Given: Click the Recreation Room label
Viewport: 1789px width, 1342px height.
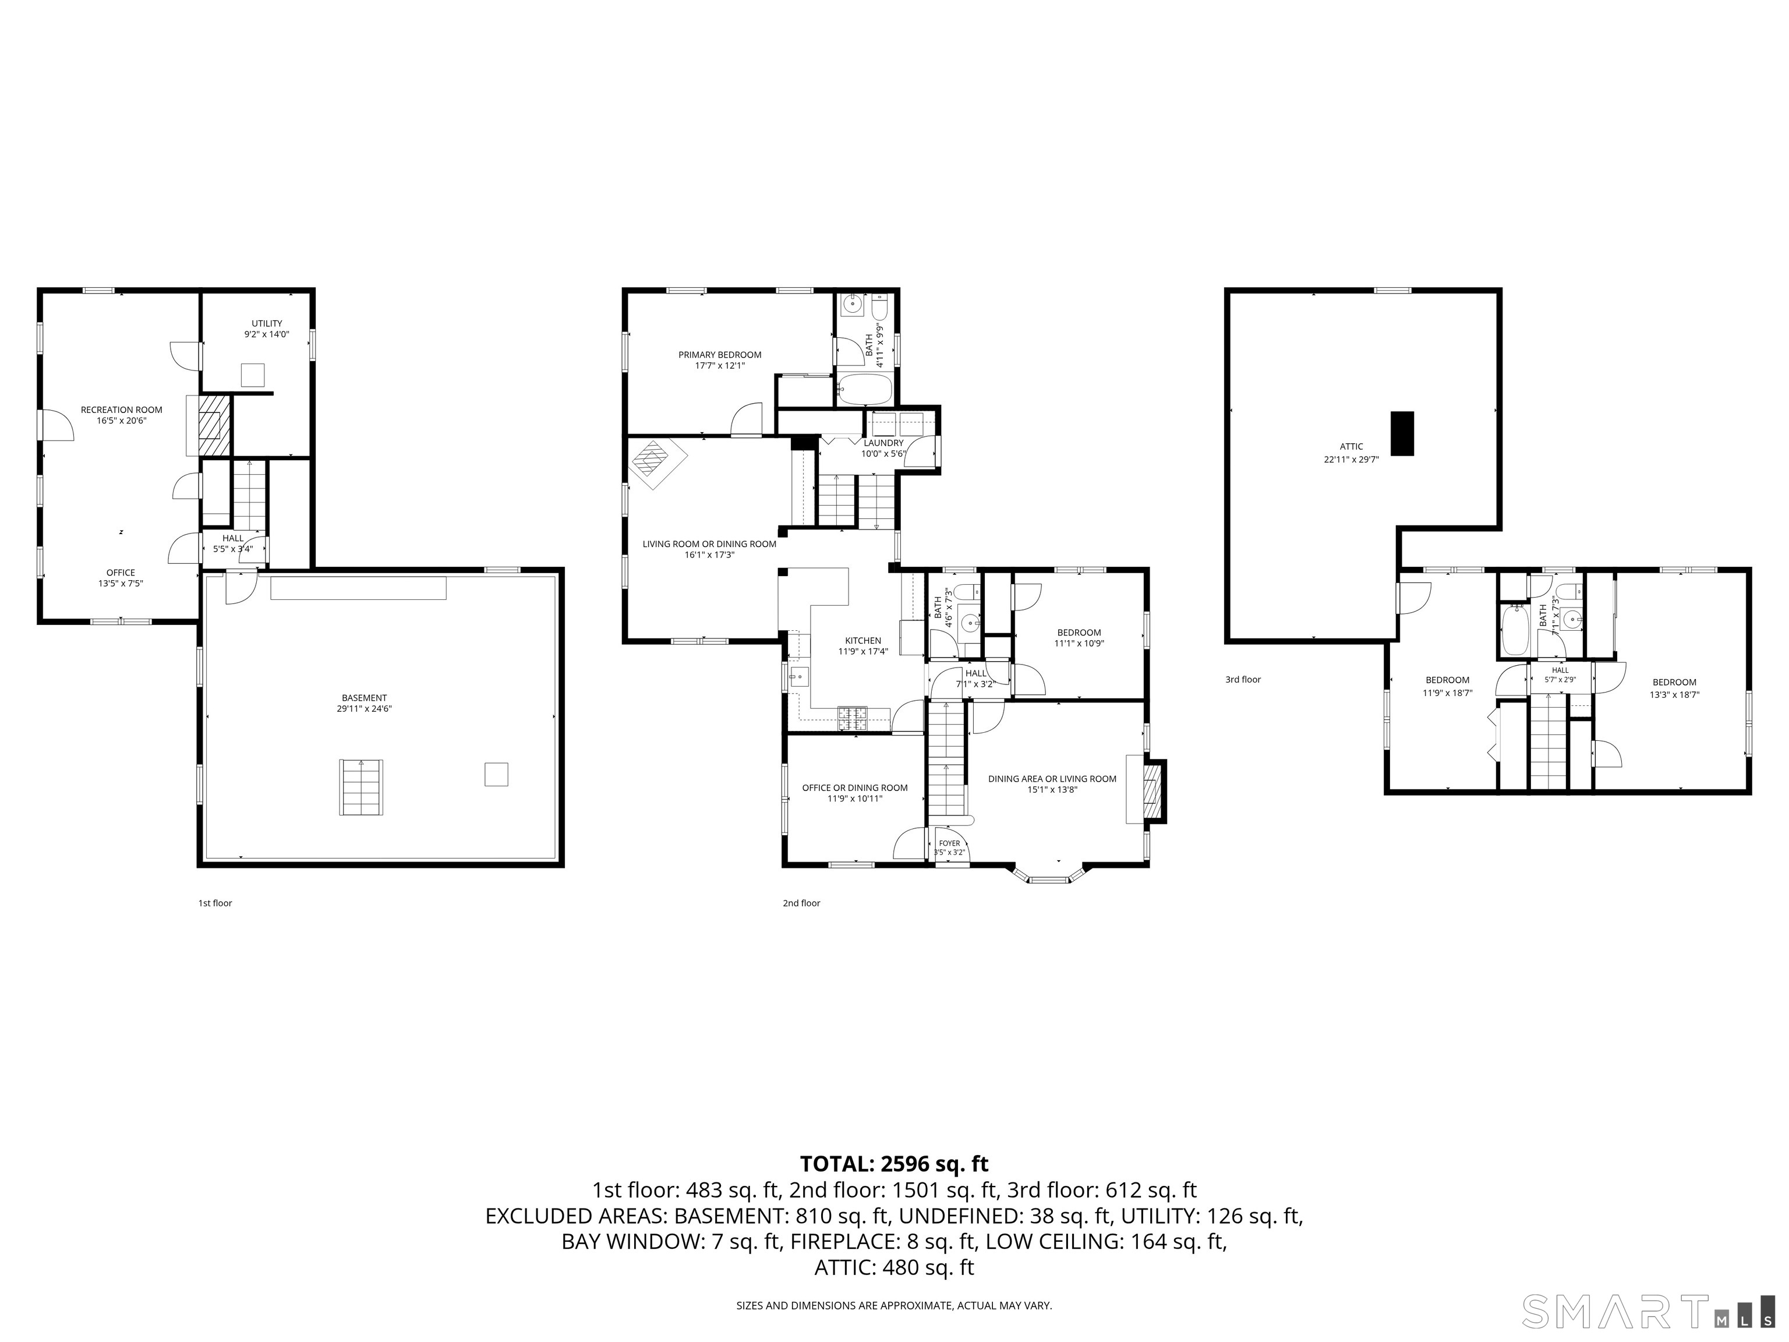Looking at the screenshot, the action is pyautogui.click(x=121, y=415).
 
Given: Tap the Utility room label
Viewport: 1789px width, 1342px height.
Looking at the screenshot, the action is pyautogui.click(x=267, y=329).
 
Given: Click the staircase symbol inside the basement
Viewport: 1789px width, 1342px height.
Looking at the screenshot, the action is pyautogui.click(x=362, y=787).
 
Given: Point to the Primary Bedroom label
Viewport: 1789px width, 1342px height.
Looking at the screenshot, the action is pyautogui.click(x=720, y=360).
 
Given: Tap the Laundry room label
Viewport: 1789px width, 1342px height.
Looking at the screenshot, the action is pyautogui.click(x=883, y=448).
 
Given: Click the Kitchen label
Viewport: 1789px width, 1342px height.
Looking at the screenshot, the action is pyautogui.click(x=863, y=645).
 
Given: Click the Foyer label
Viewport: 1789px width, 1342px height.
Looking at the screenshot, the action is pyautogui.click(x=949, y=847).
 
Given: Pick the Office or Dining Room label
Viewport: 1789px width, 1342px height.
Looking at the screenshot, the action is pyautogui.click(x=855, y=793).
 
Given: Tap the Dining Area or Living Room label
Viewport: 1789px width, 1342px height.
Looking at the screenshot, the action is pyautogui.click(x=1052, y=784).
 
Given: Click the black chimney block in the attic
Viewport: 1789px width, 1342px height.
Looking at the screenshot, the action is pyautogui.click(x=1402, y=433).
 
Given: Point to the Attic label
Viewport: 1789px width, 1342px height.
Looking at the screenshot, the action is pyautogui.click(x=1352, y=452).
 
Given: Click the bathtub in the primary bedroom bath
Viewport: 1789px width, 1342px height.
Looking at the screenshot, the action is pyautogui.click(x=864, y=389).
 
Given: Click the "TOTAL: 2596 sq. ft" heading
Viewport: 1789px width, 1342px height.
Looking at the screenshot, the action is pyautogui.click(x=894, y=1164).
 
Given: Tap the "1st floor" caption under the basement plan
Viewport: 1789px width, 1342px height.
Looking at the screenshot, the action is pyautogui.click(x=215, y=903).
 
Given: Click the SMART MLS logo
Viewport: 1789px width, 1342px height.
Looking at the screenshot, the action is pyautogui.click(x=1648, y=1311).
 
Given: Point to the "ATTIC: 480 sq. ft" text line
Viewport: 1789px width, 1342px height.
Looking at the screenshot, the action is pyautogui.click(x=894, y=1267).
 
